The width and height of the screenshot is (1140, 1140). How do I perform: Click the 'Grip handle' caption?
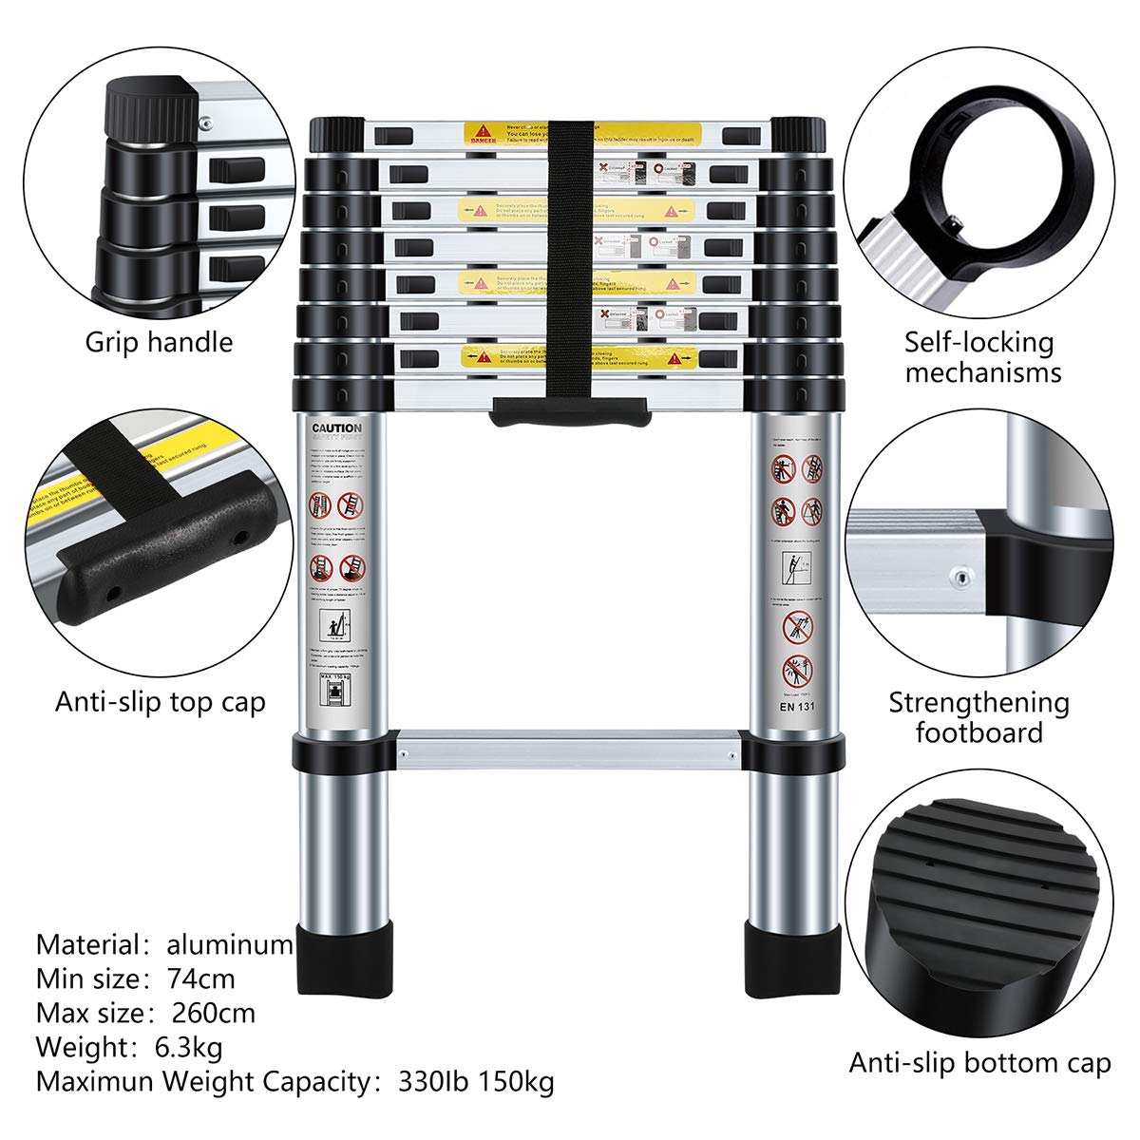click(159, 342)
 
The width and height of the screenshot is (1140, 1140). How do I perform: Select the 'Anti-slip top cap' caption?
click(160, 702)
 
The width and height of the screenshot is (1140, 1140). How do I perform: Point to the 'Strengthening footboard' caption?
click(978, 717)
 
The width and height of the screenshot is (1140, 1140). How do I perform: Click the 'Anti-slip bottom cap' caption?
click(979, 1062)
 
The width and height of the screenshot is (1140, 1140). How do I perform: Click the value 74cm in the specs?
click(200, 978)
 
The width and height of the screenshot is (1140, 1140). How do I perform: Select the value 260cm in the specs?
click(214, 1013)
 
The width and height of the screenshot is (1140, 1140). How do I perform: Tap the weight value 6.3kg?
click(188, 1047)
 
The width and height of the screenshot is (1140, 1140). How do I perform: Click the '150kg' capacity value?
click(517, 1081)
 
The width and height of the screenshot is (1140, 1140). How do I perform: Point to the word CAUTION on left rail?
click(336, 428)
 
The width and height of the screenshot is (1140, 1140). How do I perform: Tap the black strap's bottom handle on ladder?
click(570, 413)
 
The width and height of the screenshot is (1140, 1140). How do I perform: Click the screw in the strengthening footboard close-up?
click(959, 575)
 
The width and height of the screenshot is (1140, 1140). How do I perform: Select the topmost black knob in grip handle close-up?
click(150, 104)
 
